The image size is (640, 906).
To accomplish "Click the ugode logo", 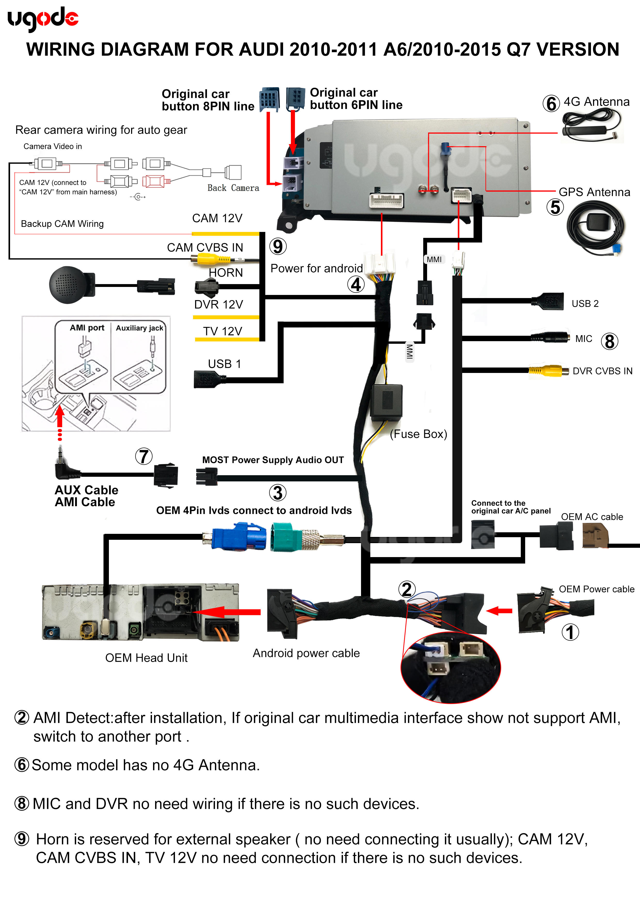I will pos(43,19).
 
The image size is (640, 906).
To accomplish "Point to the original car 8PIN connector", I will pos(269,99).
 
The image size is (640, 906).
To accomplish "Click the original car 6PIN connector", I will pos(295,98).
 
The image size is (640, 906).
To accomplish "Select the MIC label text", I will pos(583,339).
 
